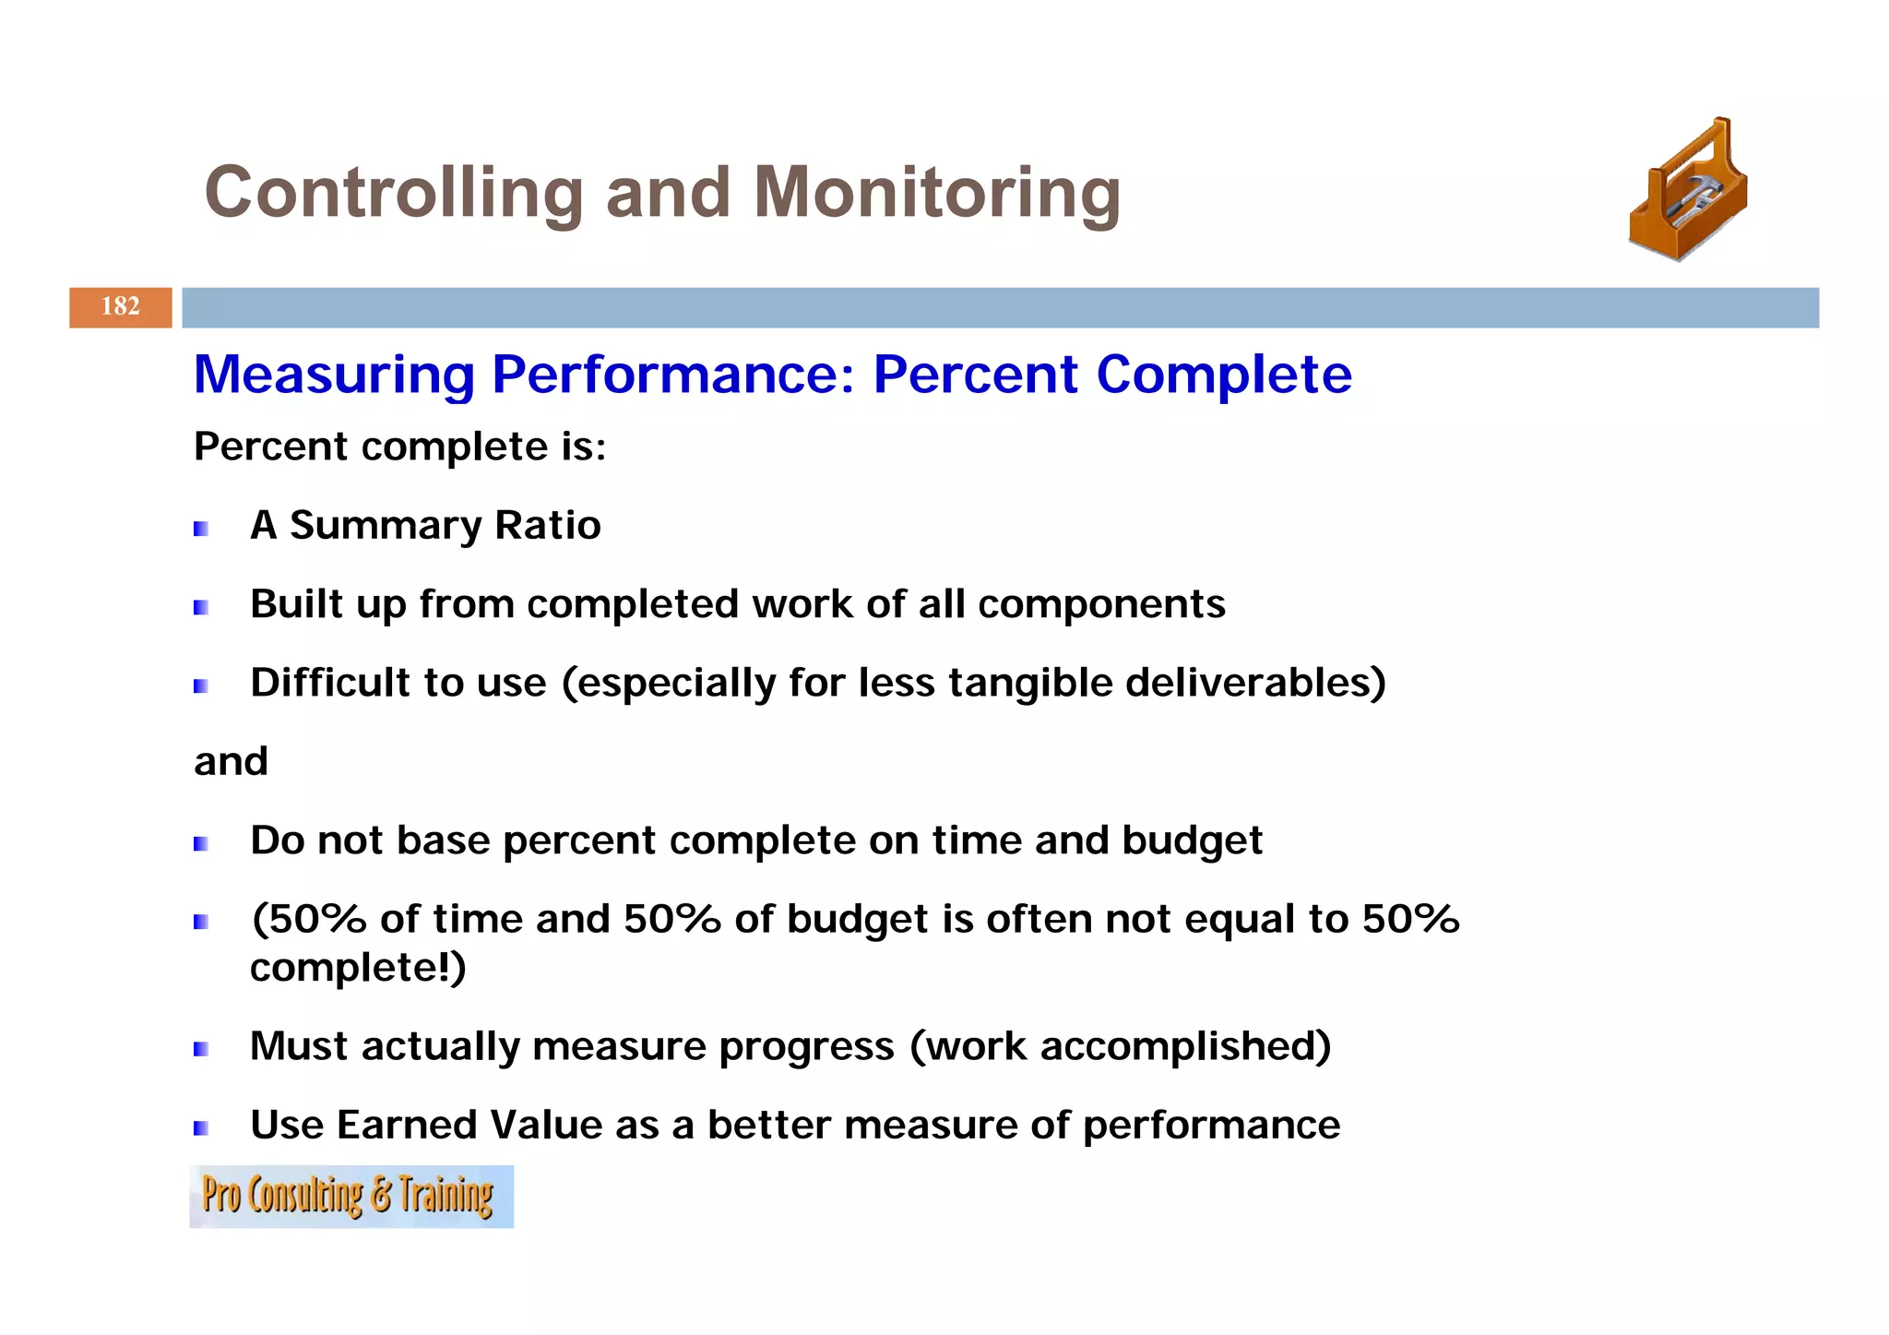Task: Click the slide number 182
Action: [120, 306]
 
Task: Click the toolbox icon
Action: [1688, 191]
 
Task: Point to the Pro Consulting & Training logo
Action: [350, 1196]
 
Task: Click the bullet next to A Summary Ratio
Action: [200, 529]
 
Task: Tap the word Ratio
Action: [548, 525]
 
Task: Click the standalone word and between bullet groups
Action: [231, 762]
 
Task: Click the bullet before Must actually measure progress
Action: [200, 1049]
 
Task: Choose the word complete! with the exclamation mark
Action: [356, 968]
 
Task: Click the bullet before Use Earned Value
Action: [200, 1127]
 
